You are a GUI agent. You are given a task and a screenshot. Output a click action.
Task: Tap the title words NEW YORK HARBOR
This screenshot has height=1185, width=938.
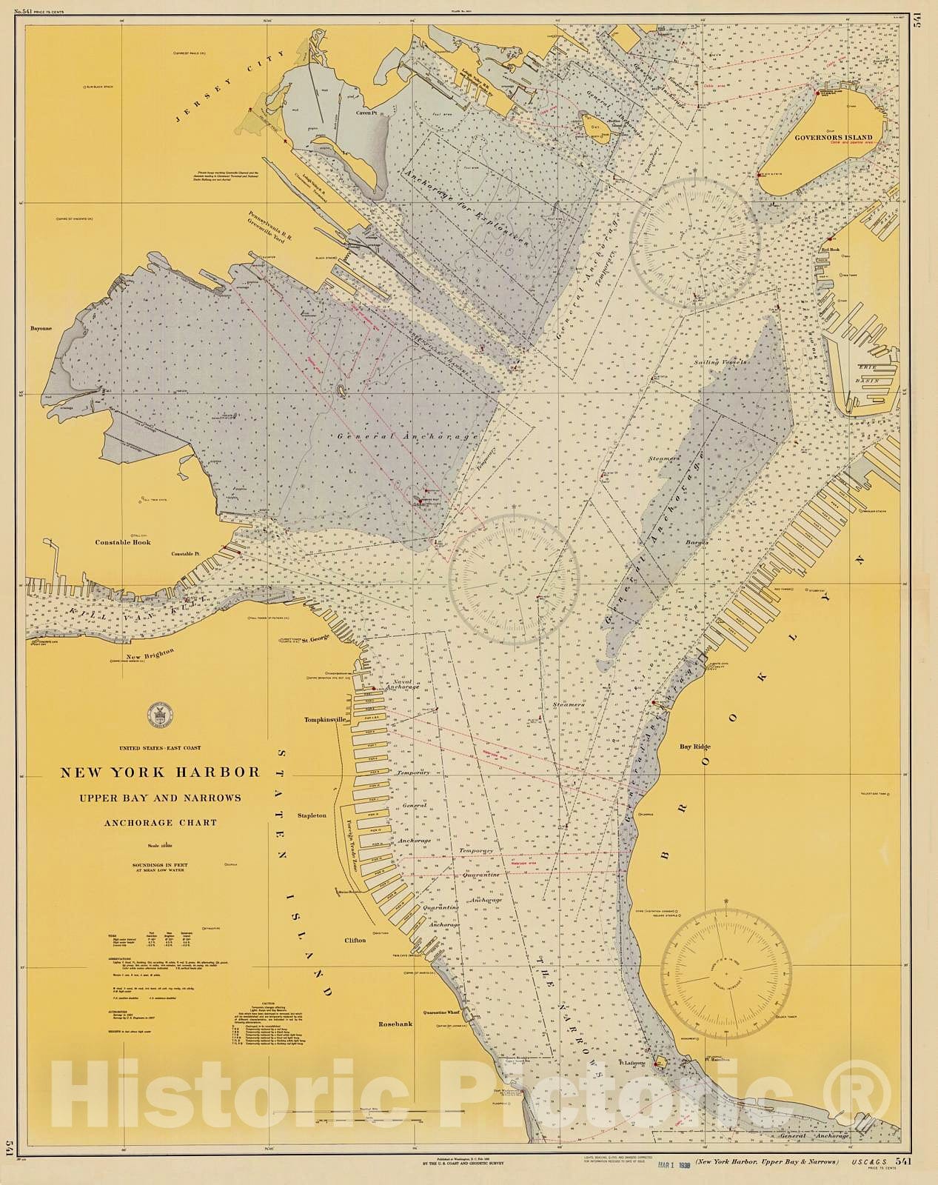pyautogui.click(x=160, y=772)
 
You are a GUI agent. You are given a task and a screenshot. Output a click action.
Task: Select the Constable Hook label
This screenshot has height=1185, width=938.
pyautogui.click(x=123, y=542)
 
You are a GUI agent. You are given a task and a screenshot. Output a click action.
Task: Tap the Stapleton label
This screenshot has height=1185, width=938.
pyautogui.click(x=312, y=815)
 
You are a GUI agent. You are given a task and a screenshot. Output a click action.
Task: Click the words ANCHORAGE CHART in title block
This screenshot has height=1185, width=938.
pyautogui.click(x=160, y=822)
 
